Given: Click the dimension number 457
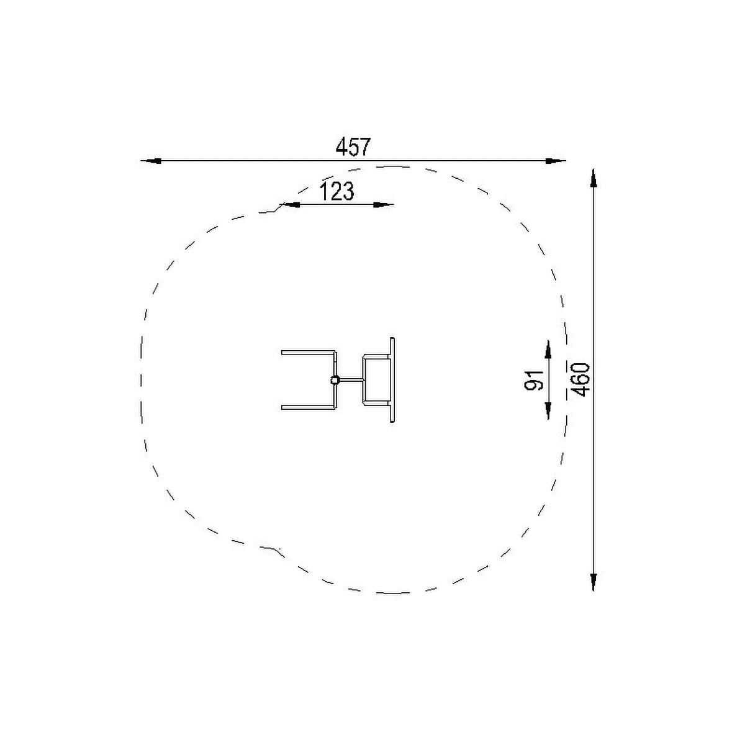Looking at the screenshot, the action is point(353,147).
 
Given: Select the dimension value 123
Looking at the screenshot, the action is point(336,191).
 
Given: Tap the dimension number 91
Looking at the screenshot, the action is point(534,379).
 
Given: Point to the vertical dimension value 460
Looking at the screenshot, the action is point(580,380).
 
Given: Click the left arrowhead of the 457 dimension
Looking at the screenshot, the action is point(151,160).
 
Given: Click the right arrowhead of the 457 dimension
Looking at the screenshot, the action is point(555,160).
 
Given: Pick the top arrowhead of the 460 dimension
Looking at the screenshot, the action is point(594,179).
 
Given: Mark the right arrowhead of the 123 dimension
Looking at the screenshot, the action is point(383,204).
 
